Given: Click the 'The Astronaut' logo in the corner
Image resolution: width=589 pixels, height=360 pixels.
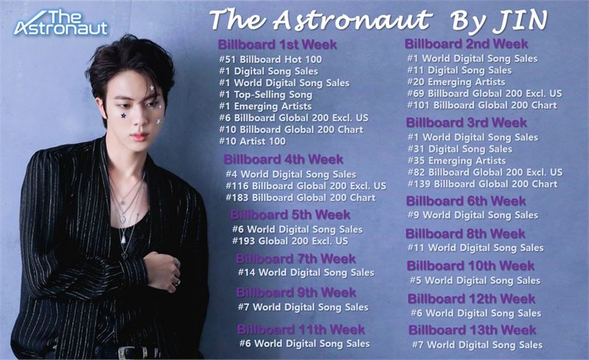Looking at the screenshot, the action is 61,23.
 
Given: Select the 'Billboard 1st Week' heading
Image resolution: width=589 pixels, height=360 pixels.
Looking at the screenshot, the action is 277,44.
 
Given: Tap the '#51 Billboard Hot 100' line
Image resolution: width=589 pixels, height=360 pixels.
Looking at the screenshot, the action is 271,59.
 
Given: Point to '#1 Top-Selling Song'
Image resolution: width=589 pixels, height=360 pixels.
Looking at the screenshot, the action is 265,94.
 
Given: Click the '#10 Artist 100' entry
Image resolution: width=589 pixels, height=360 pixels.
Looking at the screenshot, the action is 252,142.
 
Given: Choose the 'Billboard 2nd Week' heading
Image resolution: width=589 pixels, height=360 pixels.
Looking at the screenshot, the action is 466,44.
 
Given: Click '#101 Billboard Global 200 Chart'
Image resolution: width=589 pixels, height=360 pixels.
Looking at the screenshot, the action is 482,105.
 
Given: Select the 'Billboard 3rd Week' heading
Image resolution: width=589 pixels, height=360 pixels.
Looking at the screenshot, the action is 466,122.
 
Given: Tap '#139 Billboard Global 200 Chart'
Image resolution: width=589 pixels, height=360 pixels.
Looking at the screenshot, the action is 483,184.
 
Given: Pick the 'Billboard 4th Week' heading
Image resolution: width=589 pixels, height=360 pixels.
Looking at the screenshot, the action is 283,159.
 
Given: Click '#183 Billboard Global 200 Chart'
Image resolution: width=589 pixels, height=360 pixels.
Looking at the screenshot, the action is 301,198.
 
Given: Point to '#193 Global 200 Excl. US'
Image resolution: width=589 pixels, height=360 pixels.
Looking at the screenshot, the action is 290,241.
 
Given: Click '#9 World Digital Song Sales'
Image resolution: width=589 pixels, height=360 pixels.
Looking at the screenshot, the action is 473,215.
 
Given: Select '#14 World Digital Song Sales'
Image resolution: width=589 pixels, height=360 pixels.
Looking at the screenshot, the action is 306,272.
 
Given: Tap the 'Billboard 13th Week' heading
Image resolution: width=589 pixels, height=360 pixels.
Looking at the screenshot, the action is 473,330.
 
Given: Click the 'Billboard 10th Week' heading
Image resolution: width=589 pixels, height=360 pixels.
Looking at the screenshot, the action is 470,266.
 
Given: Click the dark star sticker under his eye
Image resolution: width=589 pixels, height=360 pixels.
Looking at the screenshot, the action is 123,116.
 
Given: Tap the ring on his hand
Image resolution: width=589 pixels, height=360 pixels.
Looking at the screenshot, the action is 177,281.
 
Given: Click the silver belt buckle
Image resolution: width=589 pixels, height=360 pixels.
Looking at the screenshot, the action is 132,353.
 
